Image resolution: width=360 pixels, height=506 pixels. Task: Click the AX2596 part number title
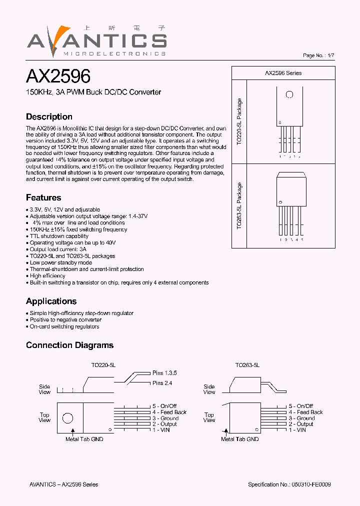click(58, 76)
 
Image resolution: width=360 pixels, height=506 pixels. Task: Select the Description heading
click(49, 116)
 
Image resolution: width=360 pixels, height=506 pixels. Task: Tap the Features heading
click(43, 197)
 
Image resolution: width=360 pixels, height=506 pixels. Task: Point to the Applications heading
click(51, 301)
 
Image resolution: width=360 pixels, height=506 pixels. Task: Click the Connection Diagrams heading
click(69, 345)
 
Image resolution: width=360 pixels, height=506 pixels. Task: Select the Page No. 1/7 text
click(318, 55)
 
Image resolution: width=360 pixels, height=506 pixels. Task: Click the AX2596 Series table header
click(283, 73)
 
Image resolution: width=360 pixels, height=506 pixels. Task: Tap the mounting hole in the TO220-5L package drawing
click(289, 94)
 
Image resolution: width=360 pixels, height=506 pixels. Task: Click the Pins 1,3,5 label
click(164, 373)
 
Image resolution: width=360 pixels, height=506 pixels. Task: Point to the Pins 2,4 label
click(162, 383)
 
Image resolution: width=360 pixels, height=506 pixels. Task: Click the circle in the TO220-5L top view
click(67, 418)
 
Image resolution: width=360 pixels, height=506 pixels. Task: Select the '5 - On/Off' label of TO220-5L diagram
click(164, 406)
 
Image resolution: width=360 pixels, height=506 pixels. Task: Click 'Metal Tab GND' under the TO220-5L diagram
click(84, 439)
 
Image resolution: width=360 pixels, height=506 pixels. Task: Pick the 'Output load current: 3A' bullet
click(58, 249)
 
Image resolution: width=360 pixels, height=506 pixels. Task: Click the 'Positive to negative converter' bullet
click(65, 319)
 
